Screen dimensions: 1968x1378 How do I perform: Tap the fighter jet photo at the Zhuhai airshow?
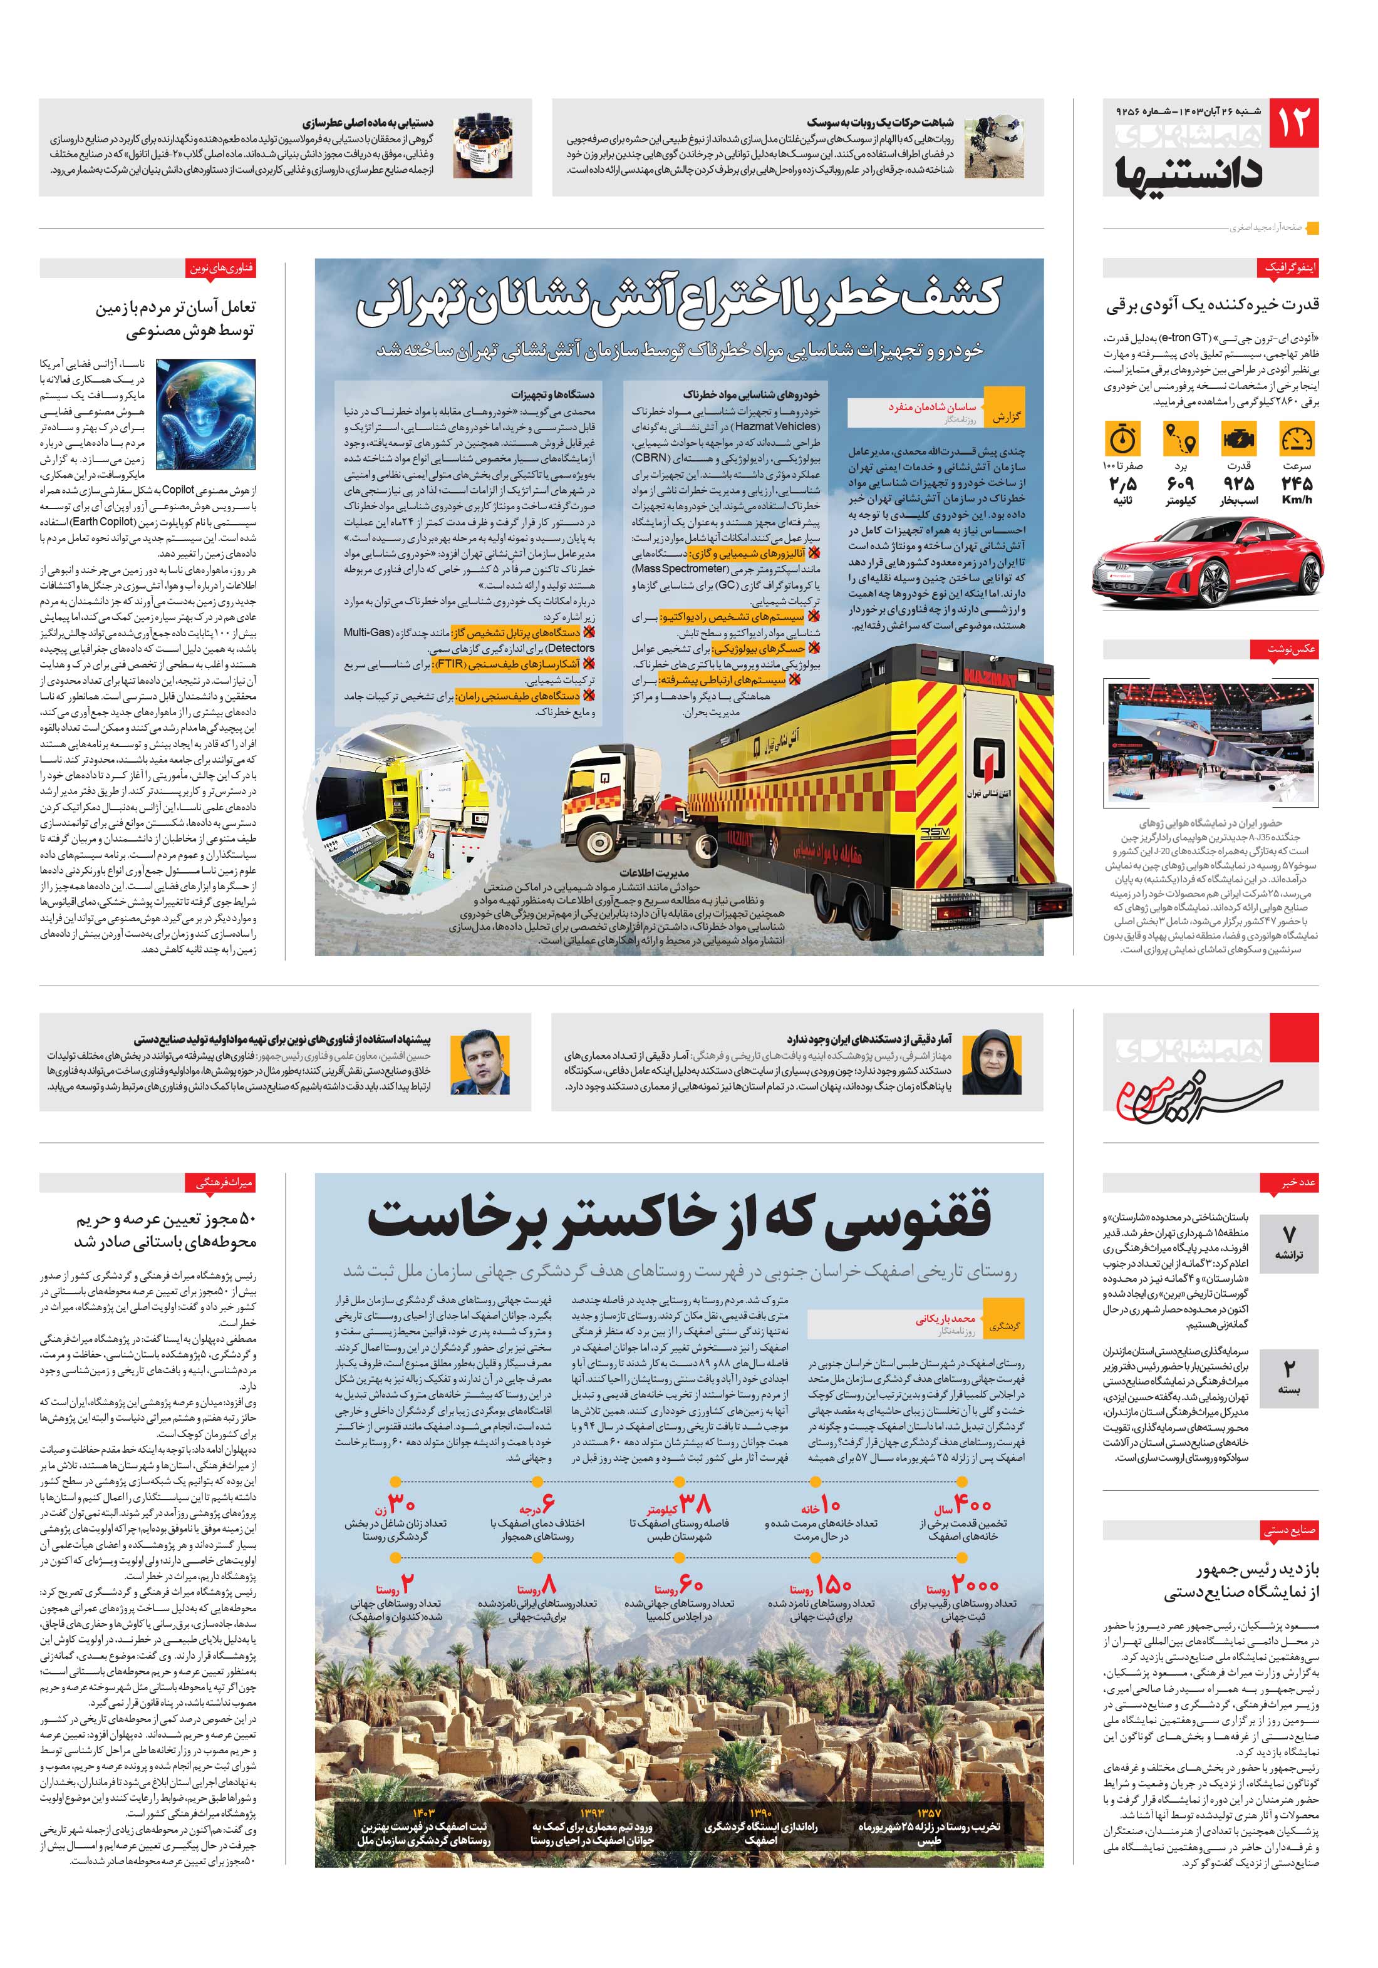tap(1209, 741)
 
